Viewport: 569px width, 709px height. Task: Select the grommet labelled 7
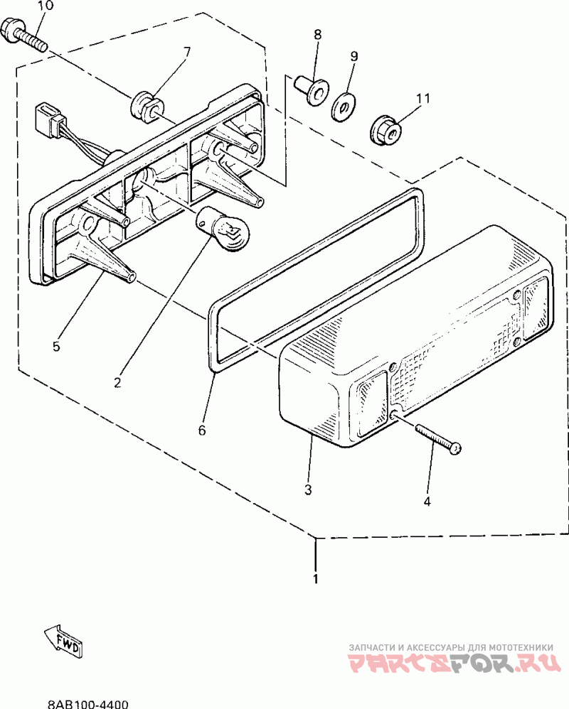point(146,104)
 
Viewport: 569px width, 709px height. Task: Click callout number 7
point(187,52)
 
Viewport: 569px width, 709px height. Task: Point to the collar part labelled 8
point(310,89)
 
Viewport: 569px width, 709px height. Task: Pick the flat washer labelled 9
point(345,107)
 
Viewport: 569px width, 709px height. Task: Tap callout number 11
point(424,99)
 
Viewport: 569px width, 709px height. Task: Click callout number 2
point(117,382)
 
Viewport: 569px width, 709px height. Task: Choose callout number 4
point(427,502)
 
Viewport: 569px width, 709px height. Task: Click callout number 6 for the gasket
point(202,431)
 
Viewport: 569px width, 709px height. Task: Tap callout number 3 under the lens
point(308,489)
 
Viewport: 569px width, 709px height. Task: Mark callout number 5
point(56,347)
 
